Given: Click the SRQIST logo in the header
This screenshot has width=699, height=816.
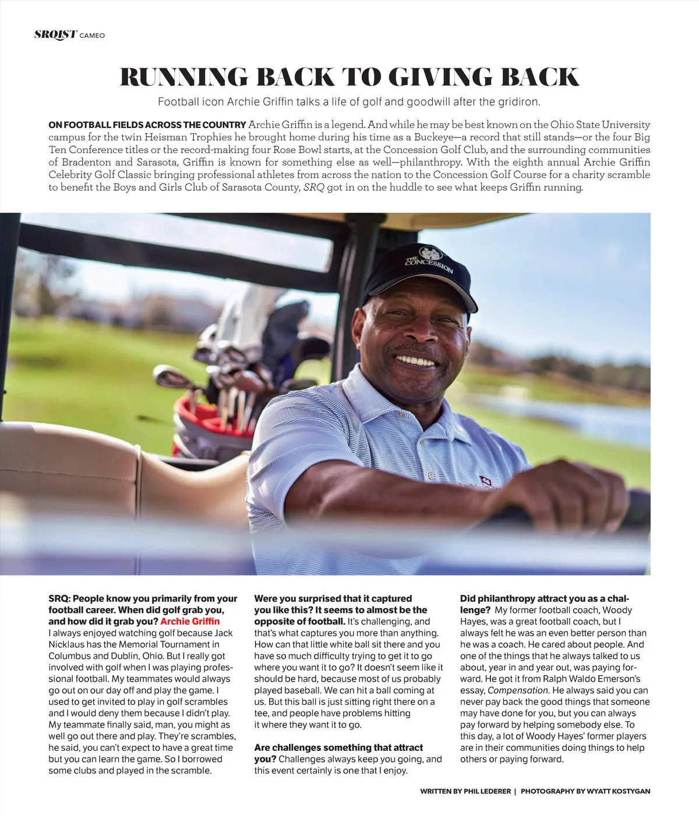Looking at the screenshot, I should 55,34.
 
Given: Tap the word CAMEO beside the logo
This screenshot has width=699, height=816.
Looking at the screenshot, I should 92,36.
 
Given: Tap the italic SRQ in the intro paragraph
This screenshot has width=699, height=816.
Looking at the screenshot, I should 313,187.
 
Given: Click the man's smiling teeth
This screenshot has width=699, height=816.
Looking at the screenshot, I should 416,361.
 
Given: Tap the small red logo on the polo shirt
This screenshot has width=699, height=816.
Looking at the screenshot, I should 485,481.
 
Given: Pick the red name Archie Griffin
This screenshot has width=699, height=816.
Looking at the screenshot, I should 190,622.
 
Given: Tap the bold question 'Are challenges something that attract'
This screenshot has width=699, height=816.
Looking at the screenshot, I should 338,747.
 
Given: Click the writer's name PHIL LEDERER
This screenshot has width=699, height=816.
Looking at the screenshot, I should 487,791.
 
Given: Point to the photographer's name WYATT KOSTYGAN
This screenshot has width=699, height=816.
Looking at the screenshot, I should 618,791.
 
